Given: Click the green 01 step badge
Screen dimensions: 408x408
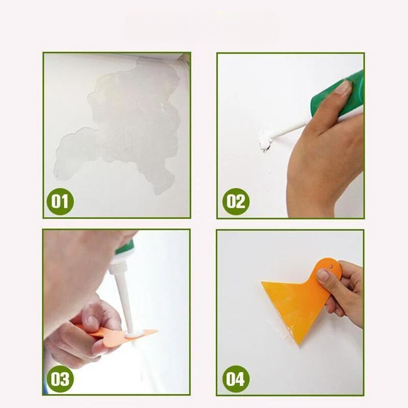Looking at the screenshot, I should coord(60,201).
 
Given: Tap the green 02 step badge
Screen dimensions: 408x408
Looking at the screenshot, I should coord(236,201).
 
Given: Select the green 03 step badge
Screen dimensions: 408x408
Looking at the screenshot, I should coord(60,379).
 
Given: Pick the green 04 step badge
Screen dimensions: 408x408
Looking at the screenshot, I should coord(236,379).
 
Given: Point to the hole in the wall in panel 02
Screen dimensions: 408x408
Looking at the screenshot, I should coord(264,140).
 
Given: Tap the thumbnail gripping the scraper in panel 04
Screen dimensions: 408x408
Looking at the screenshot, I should coord(323,275).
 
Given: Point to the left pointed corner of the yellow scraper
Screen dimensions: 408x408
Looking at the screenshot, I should coord(263,284).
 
